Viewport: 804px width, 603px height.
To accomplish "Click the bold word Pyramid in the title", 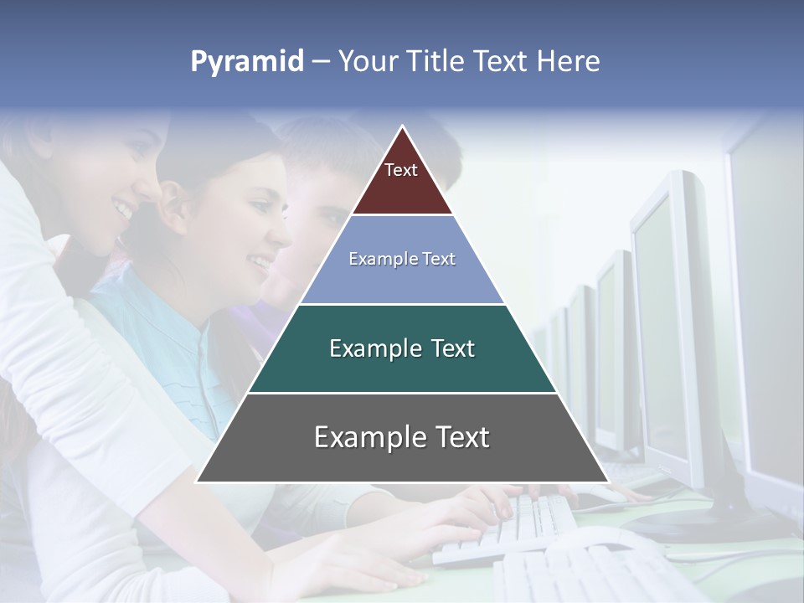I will point(247,62).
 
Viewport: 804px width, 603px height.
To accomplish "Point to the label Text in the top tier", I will point(401,170).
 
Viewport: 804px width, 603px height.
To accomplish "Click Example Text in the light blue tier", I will point(402,259).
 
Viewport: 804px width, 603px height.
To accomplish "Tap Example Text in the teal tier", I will point(402,348).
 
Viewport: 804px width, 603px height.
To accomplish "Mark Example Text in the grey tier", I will point(402,437).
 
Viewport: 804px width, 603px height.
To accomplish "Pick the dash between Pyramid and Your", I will point(321,62).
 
